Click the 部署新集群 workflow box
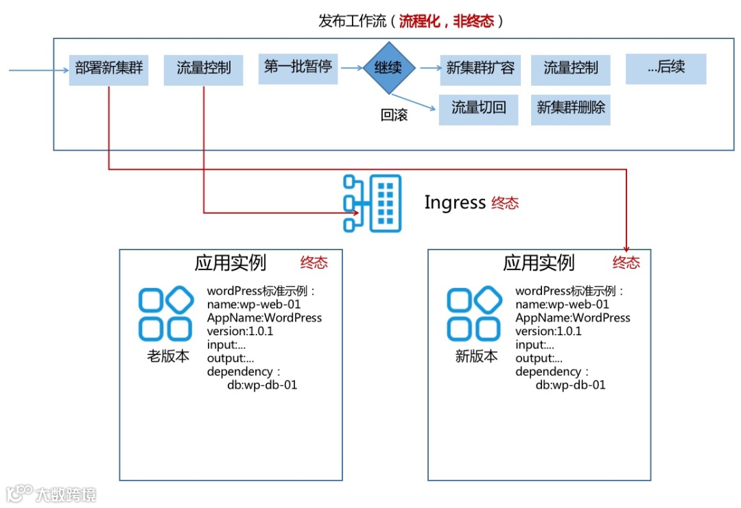108,69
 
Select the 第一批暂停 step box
298,67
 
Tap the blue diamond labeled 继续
389,68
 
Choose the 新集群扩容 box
480,69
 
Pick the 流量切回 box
478,108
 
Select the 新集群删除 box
570,108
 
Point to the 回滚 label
394,115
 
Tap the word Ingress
454,203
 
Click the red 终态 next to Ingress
505,203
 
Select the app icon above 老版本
165,314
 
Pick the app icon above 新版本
473,314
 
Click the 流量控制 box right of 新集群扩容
571,69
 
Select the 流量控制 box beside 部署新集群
203,69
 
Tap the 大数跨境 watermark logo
51,494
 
